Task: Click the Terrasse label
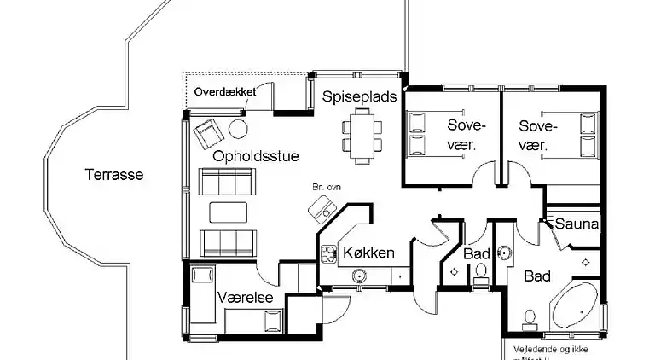[114, 176]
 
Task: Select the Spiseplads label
[359, 97]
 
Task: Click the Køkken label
[368, 253]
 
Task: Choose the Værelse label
[245, 298]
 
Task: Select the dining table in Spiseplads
[360, 137]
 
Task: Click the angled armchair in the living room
[207, 133]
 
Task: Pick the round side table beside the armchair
[238, 129]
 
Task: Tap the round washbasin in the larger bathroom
[503, 253]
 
